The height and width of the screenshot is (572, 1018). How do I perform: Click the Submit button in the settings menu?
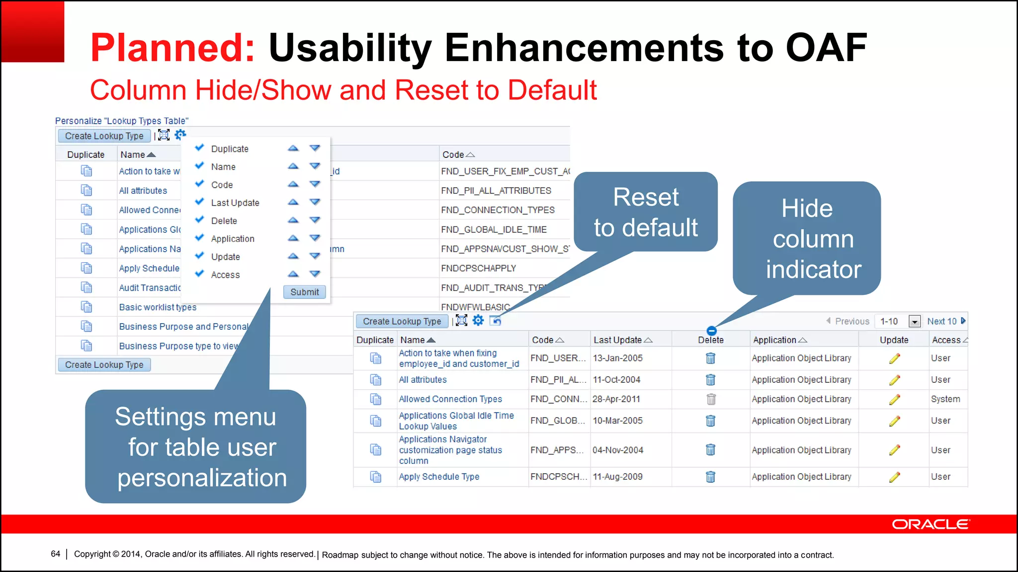pyautogui.click(x=304, y=292)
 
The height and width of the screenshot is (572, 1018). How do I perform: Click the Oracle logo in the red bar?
pyautogui.click(x=930, y=524)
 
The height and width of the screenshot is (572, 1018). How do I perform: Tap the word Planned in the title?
pyautogui.click(x=172, y=48)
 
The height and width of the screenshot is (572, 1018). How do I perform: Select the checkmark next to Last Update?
pyautogui.click(x=200, y=202)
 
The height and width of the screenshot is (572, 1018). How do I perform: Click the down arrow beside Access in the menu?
pyautogui.click(x=315, y=274)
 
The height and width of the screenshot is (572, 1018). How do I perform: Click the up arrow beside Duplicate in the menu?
pyautogui.click(x=293, y=148)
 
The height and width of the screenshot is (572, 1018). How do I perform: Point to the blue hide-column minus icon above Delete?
pyautogui.click(x=711, y=331)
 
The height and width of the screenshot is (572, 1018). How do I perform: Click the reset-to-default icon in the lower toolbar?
pyautogui.click(x=495, y=321)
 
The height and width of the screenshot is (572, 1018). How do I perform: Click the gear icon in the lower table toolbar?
pyautogui.click(x=478, y=321)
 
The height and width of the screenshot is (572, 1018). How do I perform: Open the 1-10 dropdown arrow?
pyautogui.click(x=914, y=322)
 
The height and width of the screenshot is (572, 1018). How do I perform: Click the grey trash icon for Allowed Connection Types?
pyautogui.click(x=711, y=399)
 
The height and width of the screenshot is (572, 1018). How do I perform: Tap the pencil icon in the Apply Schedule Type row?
pyautogui.click(x=894, y=477)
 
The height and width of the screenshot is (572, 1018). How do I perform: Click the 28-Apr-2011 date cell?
pyautogui.click(x=616, y=399)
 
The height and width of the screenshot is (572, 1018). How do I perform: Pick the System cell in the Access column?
pyautogui.click(x=945, y=399)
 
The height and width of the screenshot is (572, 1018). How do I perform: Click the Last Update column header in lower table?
pyautogui.click(x=617, y=340)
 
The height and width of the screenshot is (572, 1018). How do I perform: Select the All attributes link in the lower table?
pyautogui.click(x=423, y=380)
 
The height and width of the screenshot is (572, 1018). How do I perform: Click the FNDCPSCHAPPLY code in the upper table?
pyautogui.click(x=478, y=268)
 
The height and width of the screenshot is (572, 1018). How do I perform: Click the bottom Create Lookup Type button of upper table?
pyautogui.click(x=104, y=365)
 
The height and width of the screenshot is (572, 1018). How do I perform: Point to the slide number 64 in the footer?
pyautogui.click(x=55, y=554)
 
